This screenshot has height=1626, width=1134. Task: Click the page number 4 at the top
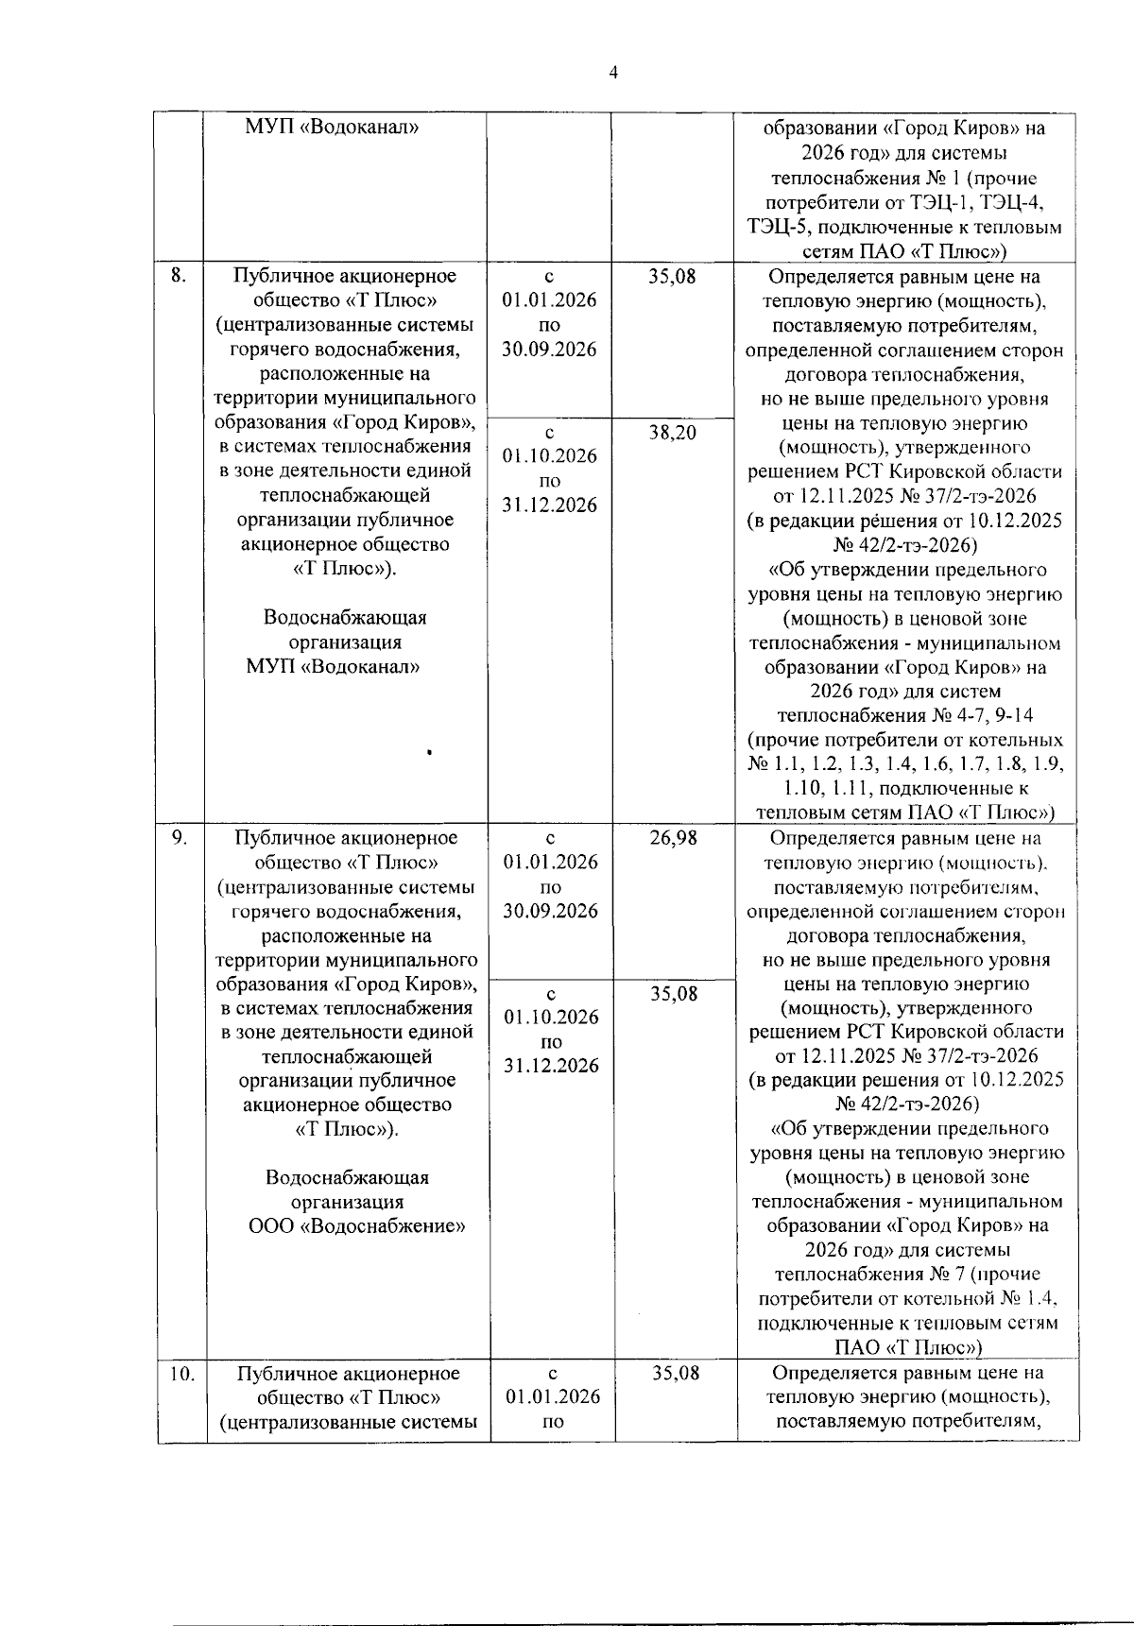[x=613, y=73]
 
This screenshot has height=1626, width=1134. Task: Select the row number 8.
[x=178, y=275]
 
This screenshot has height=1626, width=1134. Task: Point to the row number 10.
[x=182, y=1373]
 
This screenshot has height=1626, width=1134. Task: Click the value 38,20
[x=672, y=433]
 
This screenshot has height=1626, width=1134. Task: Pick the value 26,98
[x=673, y=837]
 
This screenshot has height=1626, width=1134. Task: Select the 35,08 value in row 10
[x=676, y=1373]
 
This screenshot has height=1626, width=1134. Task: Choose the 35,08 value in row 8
[x=672, y=276]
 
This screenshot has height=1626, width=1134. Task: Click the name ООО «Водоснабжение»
[x=356, y=1226]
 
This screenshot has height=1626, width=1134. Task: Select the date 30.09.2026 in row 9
[x=551, y=911]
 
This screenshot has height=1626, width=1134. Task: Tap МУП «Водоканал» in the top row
[x=333, y=127]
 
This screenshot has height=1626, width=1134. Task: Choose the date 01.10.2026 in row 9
[x=551, y=1017]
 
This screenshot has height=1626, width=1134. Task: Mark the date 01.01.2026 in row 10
[x=553, y=1397]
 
